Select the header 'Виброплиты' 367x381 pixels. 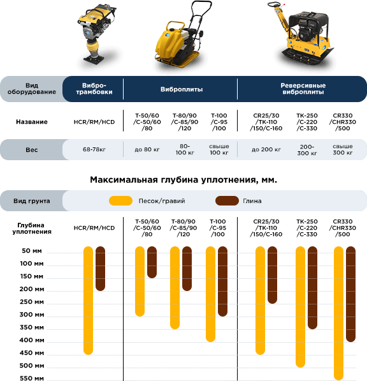[182, 89]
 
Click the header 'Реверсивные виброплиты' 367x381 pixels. [303, 89]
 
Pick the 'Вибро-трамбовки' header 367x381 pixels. [94, 89]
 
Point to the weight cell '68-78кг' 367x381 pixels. [94, 149]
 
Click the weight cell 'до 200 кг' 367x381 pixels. [266, 149]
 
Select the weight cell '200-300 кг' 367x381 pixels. [307, 150]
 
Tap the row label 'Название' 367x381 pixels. [32, 122]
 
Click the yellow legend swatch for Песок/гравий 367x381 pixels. [120, 200]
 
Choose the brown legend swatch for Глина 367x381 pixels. [227, 200]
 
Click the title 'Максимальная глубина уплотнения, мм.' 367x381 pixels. [183, 180]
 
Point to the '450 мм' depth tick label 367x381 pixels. [32, 352]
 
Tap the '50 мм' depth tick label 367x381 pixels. [32, 251]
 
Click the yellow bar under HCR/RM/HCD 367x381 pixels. [89, 301]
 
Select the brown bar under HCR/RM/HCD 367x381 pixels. [100, 269]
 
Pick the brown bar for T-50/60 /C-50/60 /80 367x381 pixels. [152, 262]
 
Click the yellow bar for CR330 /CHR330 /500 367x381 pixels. [338, 313]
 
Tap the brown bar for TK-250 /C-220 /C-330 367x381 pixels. [312, 288]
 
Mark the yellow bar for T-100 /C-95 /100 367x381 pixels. [210, 294]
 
